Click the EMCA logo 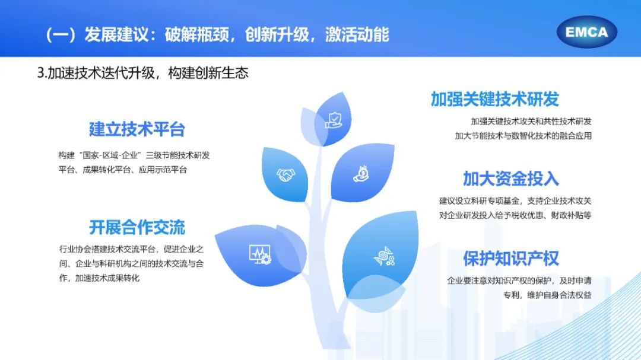(586, 32)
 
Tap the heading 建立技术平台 (137, 129)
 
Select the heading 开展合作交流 (137, 227)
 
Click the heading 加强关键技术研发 (494, 99)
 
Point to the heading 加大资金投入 (510, 179)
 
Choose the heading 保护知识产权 (510, 258)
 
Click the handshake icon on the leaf (285, 175)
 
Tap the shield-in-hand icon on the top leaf (334, 120)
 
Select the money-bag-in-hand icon (361, 174)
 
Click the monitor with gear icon (260, 254)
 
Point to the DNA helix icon (384, 257)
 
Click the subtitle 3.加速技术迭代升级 (96, 73)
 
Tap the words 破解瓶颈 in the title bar (196, 34)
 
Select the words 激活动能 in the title (357, 34)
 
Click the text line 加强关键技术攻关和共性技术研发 (531, 122)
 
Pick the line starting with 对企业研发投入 (515, 215)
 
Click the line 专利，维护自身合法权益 (547, 295)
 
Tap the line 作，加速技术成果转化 (99, 278)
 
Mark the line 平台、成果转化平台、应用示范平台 (123, 170)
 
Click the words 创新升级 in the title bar (277, 34)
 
